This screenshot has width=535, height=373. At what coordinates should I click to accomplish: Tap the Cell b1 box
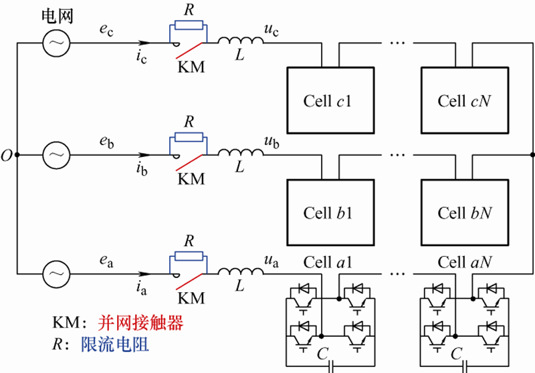(x=328, y=212)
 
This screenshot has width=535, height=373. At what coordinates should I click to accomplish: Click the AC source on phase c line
(x=56, y=44)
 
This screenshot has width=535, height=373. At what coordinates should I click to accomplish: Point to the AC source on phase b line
(x=56, y=155)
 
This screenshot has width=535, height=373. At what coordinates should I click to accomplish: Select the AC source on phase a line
(x=56, y=273)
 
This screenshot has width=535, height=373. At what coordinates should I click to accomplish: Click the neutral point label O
(x=7, y=155)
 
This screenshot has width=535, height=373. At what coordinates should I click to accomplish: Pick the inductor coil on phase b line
(x=240, y=154)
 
